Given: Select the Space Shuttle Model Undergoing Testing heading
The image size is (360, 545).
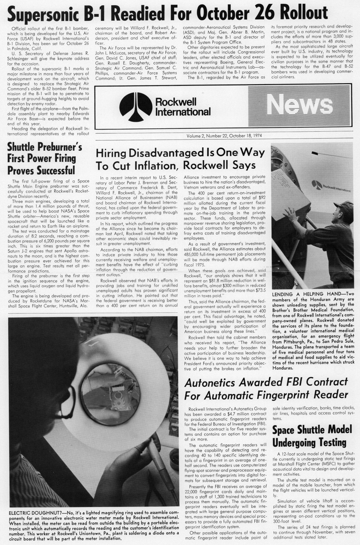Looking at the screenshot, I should [312, 436].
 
